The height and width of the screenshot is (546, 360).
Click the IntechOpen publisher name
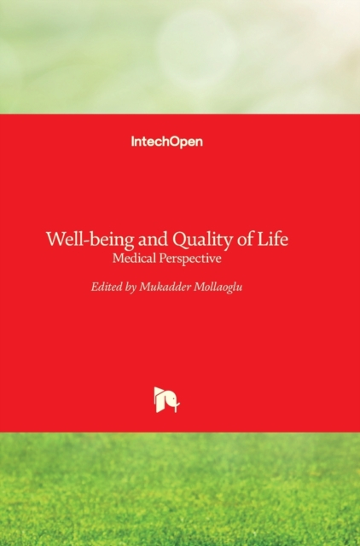pos(167,142)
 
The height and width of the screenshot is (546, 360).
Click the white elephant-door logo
pos(167,400)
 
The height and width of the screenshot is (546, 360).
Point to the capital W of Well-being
pos(55,239)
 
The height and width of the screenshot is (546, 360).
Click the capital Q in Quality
pos(180,241)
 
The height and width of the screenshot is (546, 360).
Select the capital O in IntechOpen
pos(175,142)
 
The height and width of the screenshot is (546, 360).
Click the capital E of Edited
pos(95,287)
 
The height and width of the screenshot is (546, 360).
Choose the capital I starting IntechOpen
pos(132,142)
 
